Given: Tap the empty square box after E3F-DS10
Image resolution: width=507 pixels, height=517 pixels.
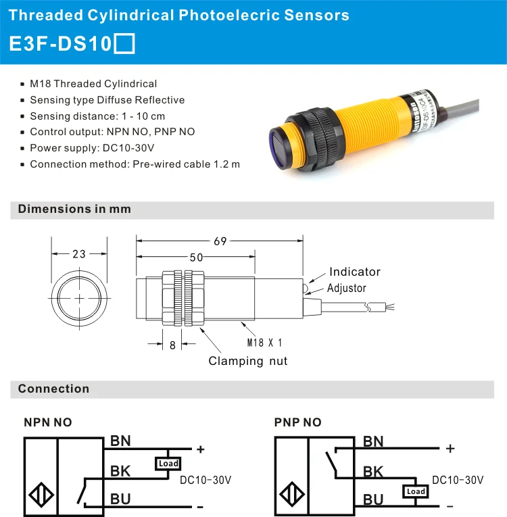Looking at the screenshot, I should tap(125, 44).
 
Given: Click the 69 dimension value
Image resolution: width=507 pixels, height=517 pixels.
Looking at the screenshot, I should tap(220, 241).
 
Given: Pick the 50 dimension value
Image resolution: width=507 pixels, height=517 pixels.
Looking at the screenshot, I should tap(196, 257).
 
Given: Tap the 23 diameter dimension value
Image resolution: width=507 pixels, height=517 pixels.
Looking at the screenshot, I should tap(79, 254).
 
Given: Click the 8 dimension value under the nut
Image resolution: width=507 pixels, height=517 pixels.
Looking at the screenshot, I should tap(172, 345).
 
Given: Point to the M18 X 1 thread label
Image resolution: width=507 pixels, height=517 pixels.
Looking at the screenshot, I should tap(264, 343).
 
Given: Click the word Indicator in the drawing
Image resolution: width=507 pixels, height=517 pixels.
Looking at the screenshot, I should tap(354, 272).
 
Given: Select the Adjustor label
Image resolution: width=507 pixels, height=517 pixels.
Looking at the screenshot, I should tap(346, 288).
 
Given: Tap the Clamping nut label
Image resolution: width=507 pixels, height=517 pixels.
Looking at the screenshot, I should tap(247, 361).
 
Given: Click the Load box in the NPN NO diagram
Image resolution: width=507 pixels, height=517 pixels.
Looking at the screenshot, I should tap(167, 464).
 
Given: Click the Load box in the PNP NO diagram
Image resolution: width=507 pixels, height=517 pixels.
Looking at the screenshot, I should tap(415, 491).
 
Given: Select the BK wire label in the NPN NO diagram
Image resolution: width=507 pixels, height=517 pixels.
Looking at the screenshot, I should tap(121, 471).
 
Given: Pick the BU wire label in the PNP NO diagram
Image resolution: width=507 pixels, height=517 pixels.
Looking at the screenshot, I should tap(373, 499).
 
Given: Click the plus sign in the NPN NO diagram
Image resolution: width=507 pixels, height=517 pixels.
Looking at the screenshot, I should tap(200, 449).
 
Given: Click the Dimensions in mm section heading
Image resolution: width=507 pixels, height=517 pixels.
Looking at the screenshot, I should tap(74, 209).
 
